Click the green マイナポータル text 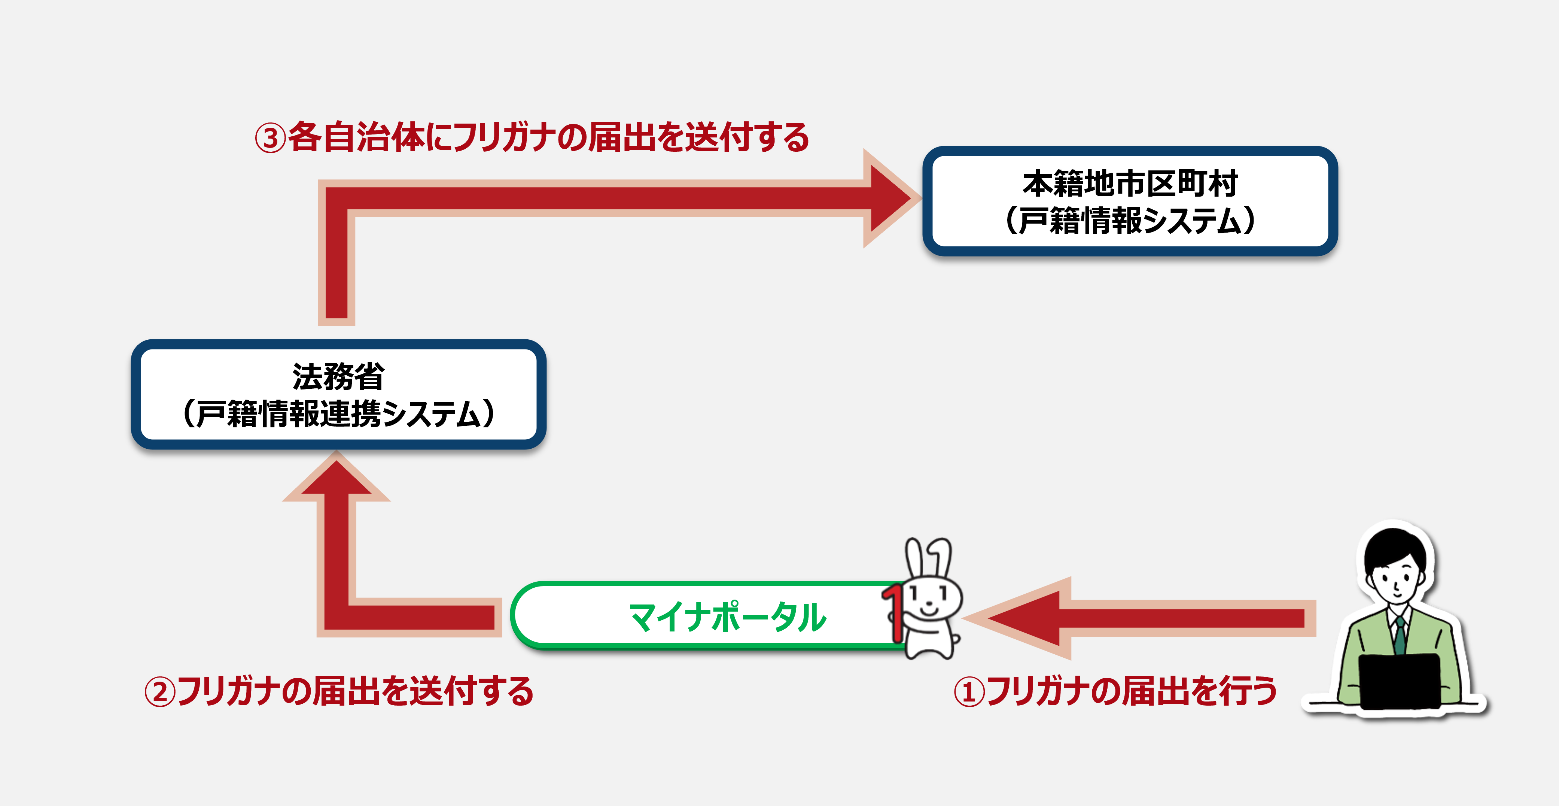pos(727,617)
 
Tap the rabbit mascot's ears pos(928,558)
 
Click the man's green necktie pos(1400,636)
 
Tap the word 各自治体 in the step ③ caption pos(356,137)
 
